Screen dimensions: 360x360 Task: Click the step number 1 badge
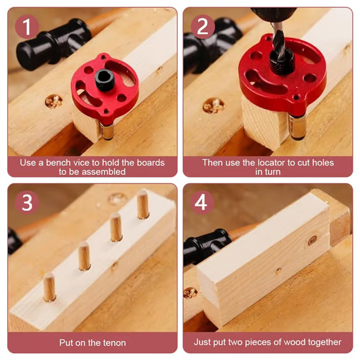[x=27, y=27]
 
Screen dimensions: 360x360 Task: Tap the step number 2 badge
[x=202, y=27]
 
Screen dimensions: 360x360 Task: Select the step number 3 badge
[x=27, y=202]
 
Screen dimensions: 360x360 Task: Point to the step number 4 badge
[x=202, y=202]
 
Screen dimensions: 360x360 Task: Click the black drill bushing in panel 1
[x=105, y=80]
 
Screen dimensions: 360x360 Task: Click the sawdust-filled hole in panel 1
[x=54, y=102]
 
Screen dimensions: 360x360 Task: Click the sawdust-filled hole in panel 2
[x=213, y=106]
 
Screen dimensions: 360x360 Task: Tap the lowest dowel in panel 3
[x=49, y=287]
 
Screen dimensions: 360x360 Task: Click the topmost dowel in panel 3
[x=143, y=205]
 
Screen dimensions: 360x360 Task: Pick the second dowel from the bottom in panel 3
[x=84, y=256]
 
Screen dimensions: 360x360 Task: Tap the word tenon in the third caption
[x=114, y=343]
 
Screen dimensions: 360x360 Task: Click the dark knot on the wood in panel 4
[x=312, y=240]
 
